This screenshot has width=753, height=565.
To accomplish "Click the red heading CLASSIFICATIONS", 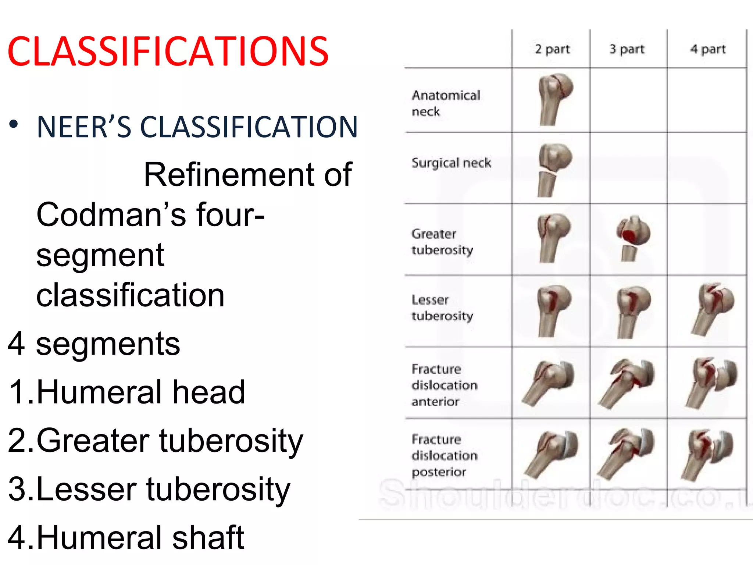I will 168,51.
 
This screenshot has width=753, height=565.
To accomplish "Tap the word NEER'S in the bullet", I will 84,127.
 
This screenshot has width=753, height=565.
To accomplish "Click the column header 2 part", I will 552,49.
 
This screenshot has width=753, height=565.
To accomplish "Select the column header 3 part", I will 627,49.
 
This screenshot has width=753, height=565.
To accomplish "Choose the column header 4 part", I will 708,49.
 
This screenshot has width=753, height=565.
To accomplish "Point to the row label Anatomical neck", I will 446,103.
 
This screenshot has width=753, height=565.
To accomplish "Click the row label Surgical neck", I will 451,163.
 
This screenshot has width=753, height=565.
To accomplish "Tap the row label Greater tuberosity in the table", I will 442,242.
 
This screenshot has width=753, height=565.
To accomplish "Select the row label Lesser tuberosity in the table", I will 442,308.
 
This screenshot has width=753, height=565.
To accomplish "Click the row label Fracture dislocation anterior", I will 444,385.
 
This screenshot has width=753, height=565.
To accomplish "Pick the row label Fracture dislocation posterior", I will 444,455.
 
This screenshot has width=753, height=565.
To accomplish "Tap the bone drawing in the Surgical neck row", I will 554,169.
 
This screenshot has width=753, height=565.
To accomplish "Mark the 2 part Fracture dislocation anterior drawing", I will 549,383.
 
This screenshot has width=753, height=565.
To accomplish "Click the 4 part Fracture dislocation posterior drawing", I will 708,454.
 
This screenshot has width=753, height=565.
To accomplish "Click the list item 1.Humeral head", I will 126,392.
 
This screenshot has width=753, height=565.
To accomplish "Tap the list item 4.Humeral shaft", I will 126,538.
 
